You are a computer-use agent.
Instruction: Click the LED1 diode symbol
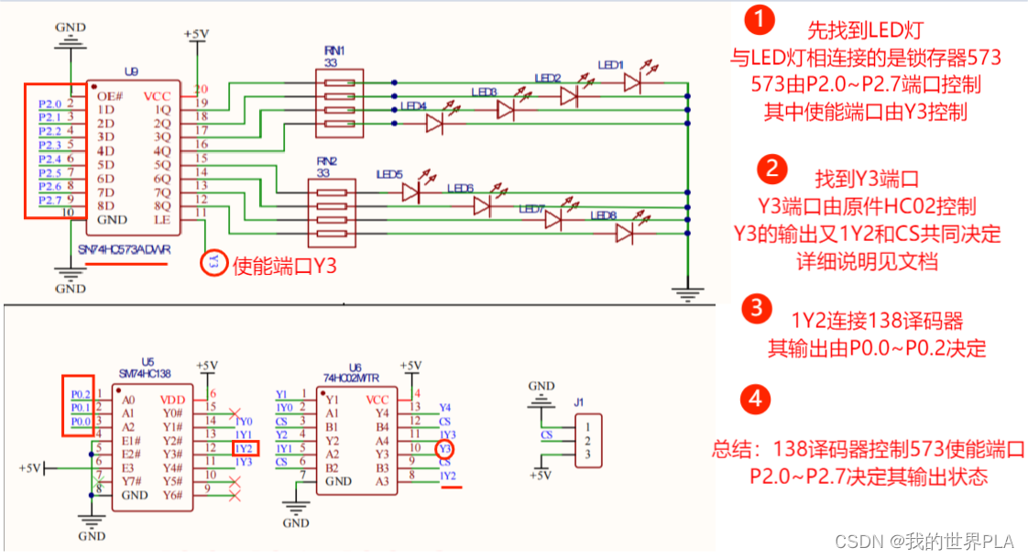[x=632, y=82]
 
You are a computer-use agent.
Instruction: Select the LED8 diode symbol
[x=625, y=234]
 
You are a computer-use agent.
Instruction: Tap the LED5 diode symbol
[x=410, y=192]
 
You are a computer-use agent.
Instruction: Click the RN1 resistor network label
[x=334, y=50]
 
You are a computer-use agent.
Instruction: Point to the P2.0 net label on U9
[x=49, y=104]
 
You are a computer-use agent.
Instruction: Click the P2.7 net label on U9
[x=49, y=200]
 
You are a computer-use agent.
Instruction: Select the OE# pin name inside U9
[x=109, y=96]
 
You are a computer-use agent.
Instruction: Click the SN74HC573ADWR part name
[x=125, y=250]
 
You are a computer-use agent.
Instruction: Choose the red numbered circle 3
[x=755, y=308]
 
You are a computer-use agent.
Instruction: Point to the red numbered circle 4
[x=755, y=399]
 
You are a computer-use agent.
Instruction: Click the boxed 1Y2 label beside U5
[x=245, y=448]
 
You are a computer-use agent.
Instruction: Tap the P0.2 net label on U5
[x=81, y=393]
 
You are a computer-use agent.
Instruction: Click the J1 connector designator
[x=578, y=400]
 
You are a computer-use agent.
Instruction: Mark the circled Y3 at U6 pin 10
[x=444, y=449]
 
